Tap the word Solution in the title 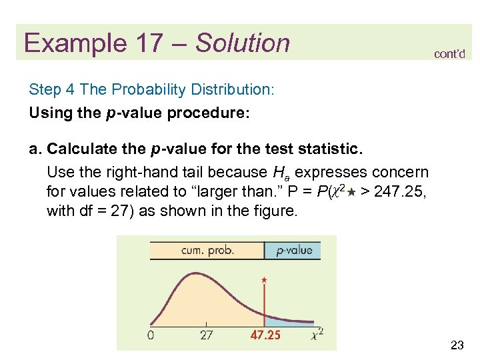pyautogui.click(x=243, y=43)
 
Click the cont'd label pyautogui.click(x=449, y=54)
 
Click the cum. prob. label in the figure pyautogui.click(x=207, y=251)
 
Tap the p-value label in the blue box pyautogui.click(x=293, y=251)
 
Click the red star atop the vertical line pyautogui.click(x=265, y=281)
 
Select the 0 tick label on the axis pyautogui.click(x=151, y=335)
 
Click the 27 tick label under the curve pyautogui.click(x=207, y=335)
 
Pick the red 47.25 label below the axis pyautogui.click(x=265, y=335)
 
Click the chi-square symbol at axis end pyautogui.click(x=318, y=335)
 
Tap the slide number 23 pyautogui.click(x=457, y=345)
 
